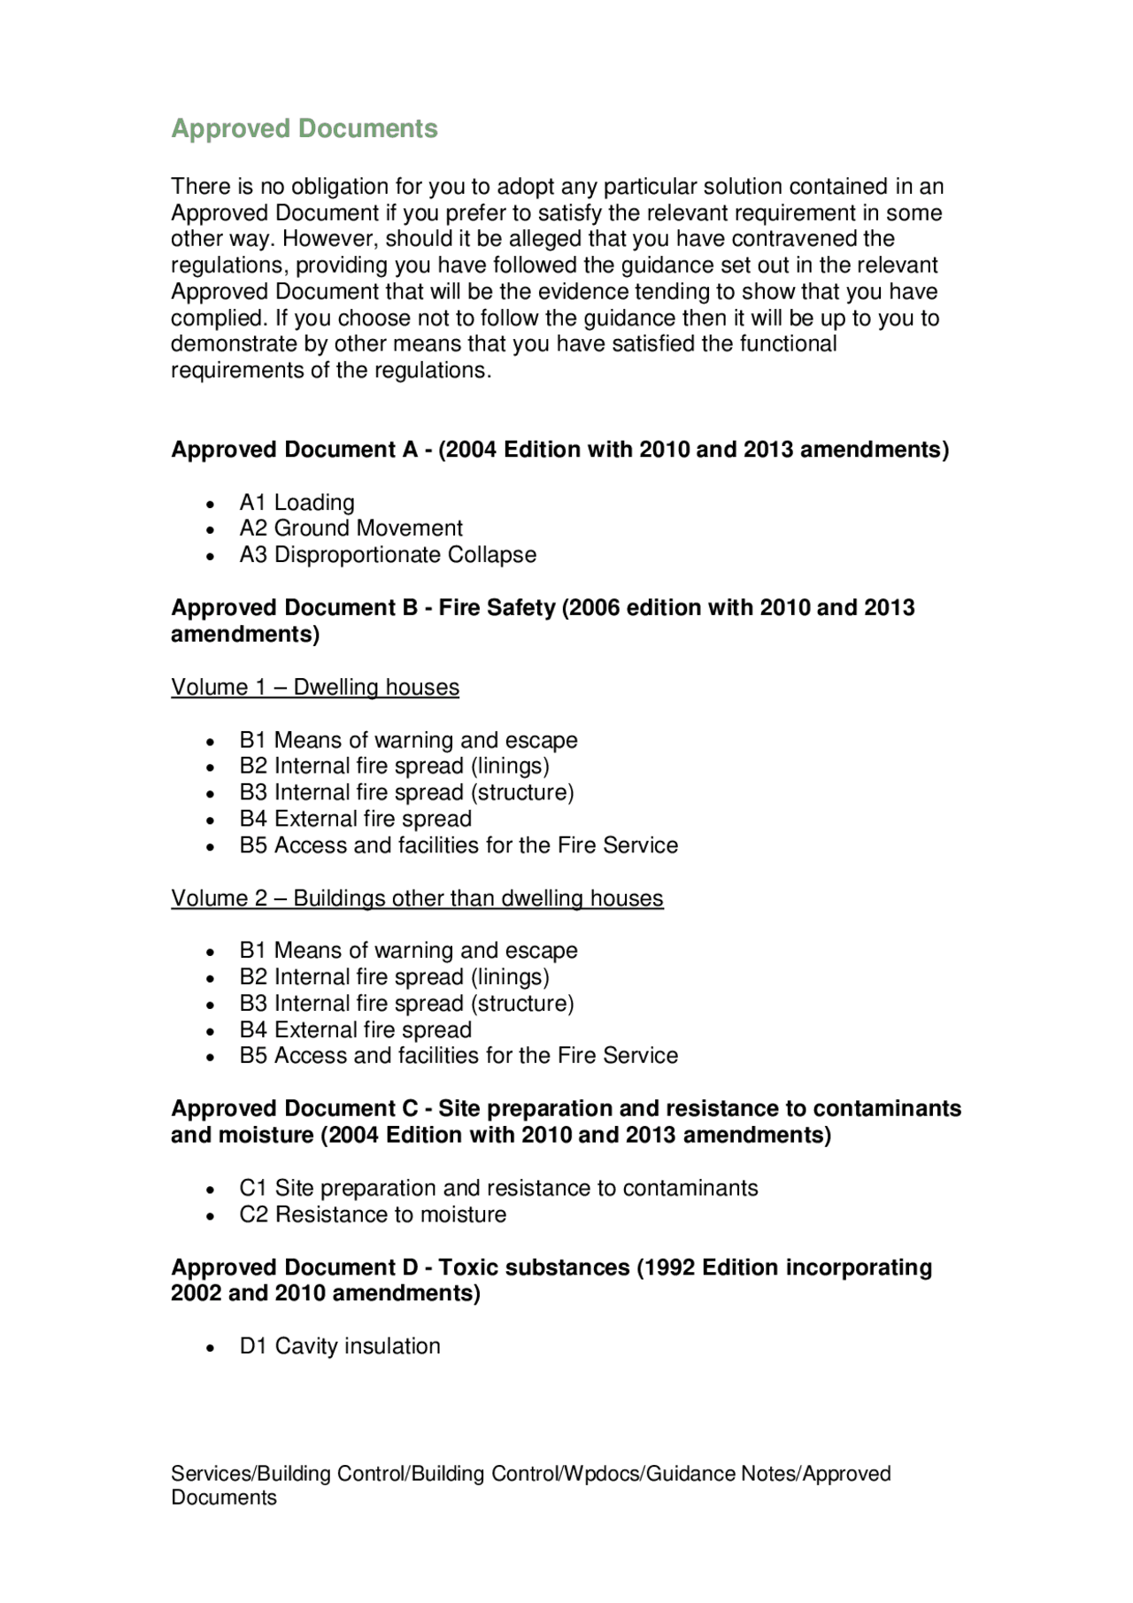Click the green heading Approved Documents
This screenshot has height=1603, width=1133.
pyautogui.click(x=304, y=128)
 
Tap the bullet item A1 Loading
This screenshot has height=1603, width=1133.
pyautogui.click(x=297, y=503)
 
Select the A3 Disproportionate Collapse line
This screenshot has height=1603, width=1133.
pyautogui.click(x=388, y=555)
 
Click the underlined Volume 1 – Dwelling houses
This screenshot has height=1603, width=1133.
pyautogui.click(x=315, y=688)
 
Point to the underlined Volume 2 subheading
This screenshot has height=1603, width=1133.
pyautogui.click(x=417, y=898)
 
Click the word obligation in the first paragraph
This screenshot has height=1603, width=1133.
pyautogui.click(x=340, y=187)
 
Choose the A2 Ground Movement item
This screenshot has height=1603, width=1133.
pyautogui.click(x=351, y=528)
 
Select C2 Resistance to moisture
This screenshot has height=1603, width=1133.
pyautogui.click(x=373, y=1214)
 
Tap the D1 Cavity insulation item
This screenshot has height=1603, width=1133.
pyautogui.click(x=340, y=1346)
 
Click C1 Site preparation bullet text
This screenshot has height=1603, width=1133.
pyautogui.click(x=498, y=1188)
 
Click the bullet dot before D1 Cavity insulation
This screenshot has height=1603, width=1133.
pyautogui.click(x=210, y=1348)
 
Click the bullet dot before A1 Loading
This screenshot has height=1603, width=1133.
pyautogui.click(x=210, y=505)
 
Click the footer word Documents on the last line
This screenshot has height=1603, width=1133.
pyautogui.click(x=224, y=1498)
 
